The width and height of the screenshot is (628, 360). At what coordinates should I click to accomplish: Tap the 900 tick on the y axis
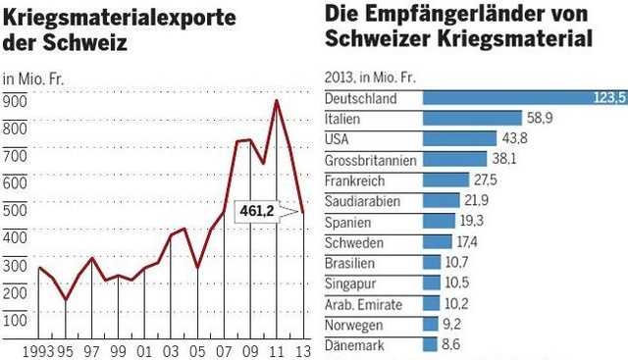tap(15, 100)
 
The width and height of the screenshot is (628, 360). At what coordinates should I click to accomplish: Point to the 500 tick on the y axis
tap(15, 210)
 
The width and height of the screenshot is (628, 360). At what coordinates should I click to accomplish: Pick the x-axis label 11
tap(277, 350)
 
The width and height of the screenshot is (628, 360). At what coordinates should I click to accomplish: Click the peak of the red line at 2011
tap(277, 101)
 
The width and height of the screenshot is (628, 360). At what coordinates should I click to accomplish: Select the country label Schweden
tap(354, 242)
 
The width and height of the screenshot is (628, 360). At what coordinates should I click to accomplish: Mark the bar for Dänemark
tap(430, 345)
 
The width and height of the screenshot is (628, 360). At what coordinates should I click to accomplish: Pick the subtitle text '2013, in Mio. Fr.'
tap(372, 77)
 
